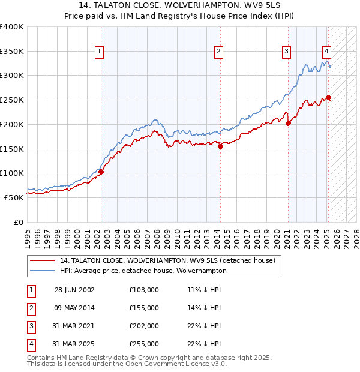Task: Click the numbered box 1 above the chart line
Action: pos(98,52)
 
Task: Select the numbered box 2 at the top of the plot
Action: pos(219,52)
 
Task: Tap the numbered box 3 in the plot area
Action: pos(287,52)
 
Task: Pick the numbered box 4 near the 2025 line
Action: pos(326,52)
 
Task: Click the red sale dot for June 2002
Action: pos(101,172)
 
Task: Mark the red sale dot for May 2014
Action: pos(221,146)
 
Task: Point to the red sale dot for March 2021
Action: pos(288,124)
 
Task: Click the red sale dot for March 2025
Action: pos(328,98)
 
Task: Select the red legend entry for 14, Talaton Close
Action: pos(167,260)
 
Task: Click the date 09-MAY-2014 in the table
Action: pos(74,308)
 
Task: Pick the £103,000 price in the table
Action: pos(144,290)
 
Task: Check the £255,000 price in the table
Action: pos(144,344)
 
